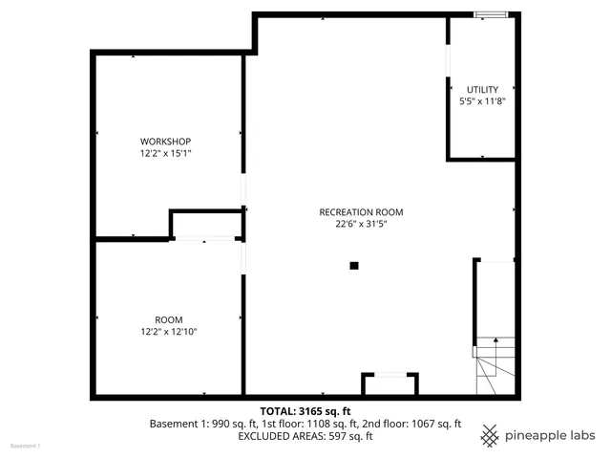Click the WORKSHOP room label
(x=158, y=142)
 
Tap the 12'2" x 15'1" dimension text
(x=158, y=153)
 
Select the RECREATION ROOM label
(x=361, y=212)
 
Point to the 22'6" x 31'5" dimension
(x=361, y=224)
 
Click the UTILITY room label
(x=482, y=89)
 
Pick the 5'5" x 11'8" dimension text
(x=482, y=100)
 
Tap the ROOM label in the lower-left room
(x=169, y=319)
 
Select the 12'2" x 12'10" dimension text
(x=169, y=332)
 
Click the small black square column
(x=353, y=266)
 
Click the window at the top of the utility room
(x=493, y=13)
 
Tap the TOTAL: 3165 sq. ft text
(x=305, y=410)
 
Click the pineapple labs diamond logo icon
(x=489, y=435)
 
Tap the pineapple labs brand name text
(x=551, y=435)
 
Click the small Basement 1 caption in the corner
(x=26, y=447)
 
